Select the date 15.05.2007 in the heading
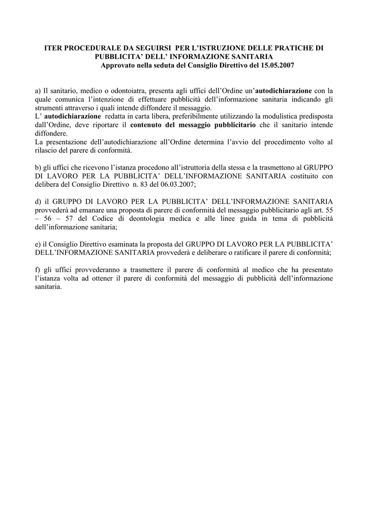pyautogui.click(x=277, y=66)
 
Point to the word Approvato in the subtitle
pyautogui.click(x=118, y=66)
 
